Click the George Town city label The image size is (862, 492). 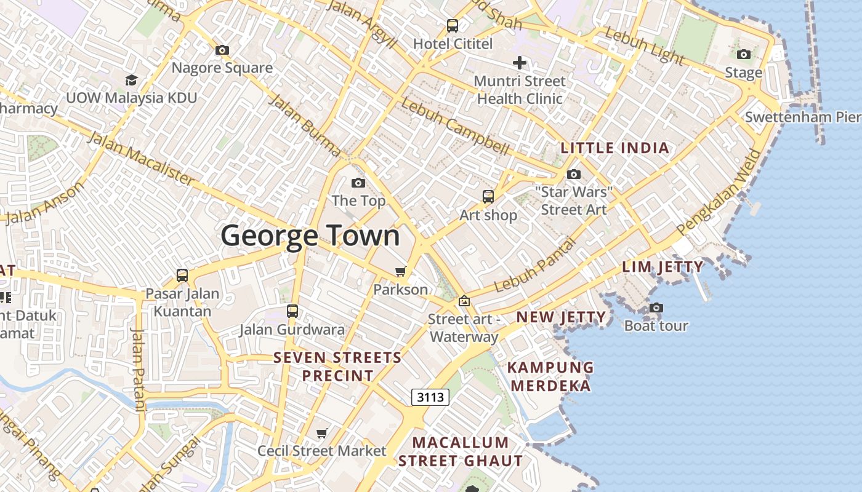pos(310,236)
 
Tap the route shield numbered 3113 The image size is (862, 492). pos(430,397)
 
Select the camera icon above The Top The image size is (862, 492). pos(358,183)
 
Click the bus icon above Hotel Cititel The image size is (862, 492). pos(453,26)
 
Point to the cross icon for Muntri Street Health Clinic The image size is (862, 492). pos(520,63)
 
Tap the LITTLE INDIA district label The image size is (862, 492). pos(614,148)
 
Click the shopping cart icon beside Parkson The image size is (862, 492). pos(401,271)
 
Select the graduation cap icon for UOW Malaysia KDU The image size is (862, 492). pos(131,80)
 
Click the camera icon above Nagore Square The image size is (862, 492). pos(222,50)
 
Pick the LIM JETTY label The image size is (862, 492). pos(663,267)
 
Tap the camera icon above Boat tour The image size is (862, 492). pos(656,307)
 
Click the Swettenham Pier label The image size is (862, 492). pos(802,117)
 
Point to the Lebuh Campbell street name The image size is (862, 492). pos(455,127)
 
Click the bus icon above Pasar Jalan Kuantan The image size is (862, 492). pos(182,275)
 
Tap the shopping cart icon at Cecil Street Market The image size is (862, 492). pos(321,434)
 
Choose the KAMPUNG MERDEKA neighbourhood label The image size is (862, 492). pos(550,376)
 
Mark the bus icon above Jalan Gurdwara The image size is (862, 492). pos(292,311)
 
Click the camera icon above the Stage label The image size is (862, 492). pos(744,54)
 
